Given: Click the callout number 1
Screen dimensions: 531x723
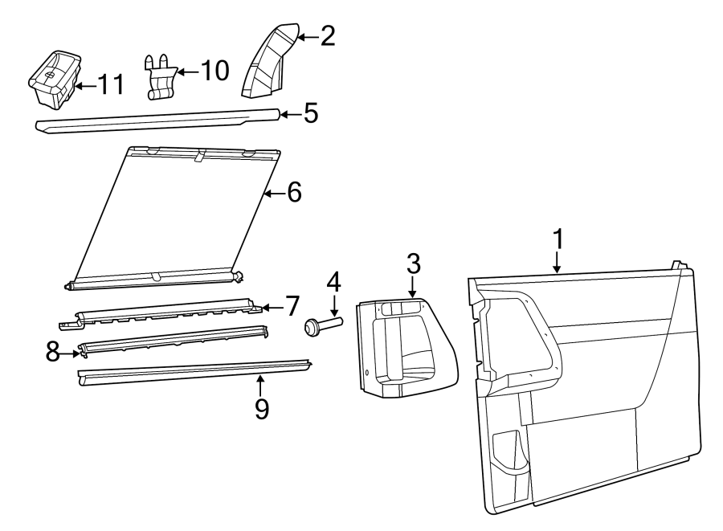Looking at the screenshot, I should pos(558,239).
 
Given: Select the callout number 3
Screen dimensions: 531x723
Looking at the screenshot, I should pos(412,263).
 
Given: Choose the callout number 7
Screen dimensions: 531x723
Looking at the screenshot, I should pos(291,306).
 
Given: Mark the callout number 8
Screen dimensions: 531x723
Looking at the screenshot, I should pos(53,352).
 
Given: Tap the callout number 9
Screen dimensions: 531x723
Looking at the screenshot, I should pos(260,407).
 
